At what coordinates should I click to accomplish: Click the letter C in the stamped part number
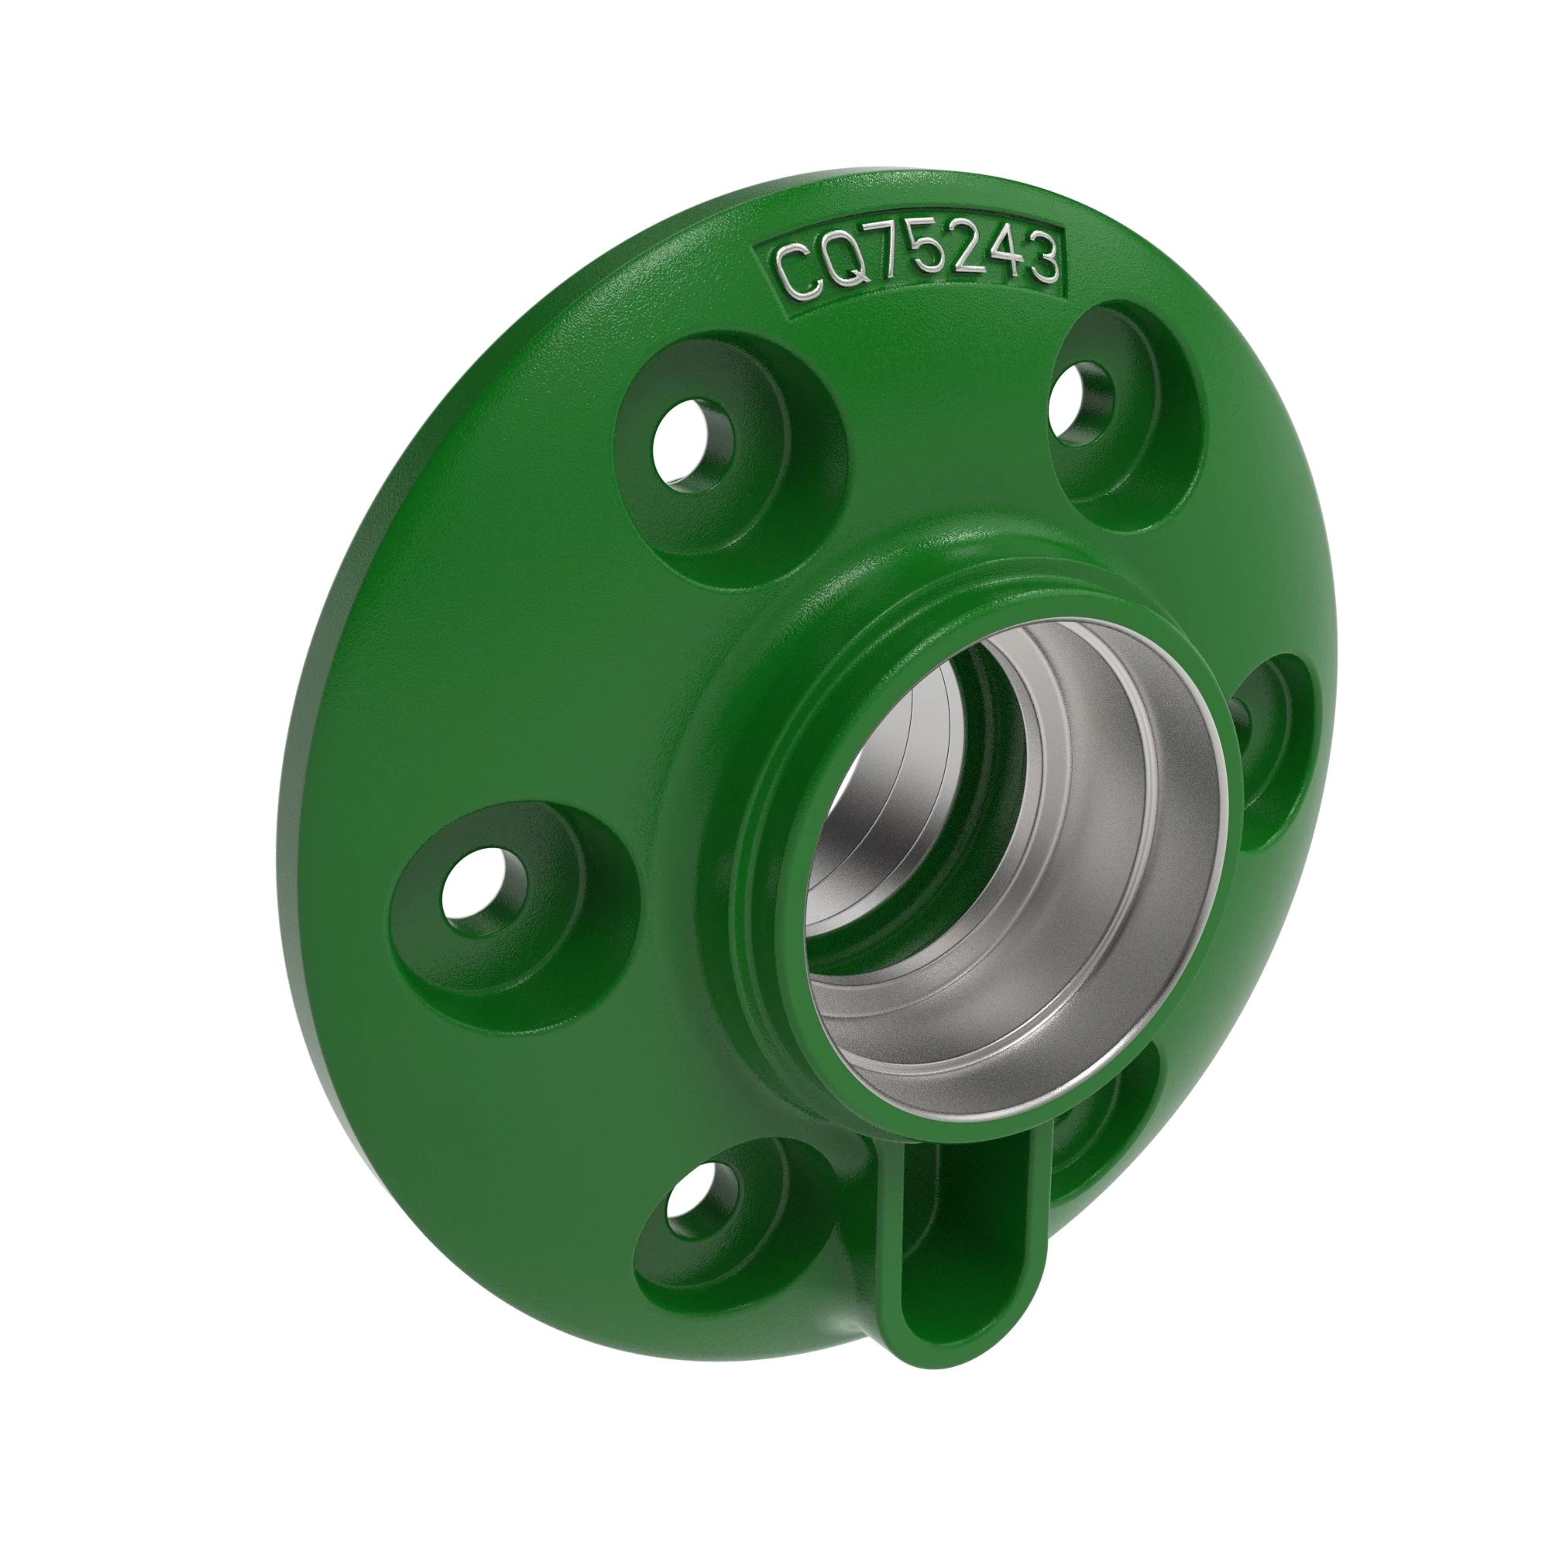click(x=795, y=273)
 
